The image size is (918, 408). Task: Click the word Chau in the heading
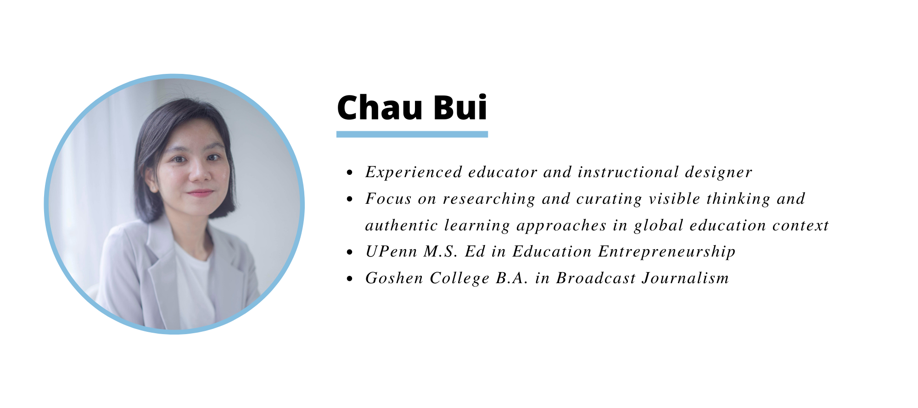tap(380, 107)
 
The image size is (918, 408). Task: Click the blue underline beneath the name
tap(412, 134)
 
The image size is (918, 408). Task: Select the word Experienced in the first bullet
tap(414, 173)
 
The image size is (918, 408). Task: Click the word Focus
tap(388, 199)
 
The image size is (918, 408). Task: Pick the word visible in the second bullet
tap(674, 199)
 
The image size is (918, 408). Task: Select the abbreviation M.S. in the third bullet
tap(440, 252)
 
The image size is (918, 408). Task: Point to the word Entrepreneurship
tap(666, 252)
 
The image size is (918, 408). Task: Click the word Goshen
tap(394, 278)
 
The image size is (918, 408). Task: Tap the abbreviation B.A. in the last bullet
tap(512, 278)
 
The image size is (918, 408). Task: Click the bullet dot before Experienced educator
tap(350, 173)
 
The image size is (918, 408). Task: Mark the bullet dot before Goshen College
tap(350, 279)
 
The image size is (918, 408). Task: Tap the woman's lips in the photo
tap(201, 193)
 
